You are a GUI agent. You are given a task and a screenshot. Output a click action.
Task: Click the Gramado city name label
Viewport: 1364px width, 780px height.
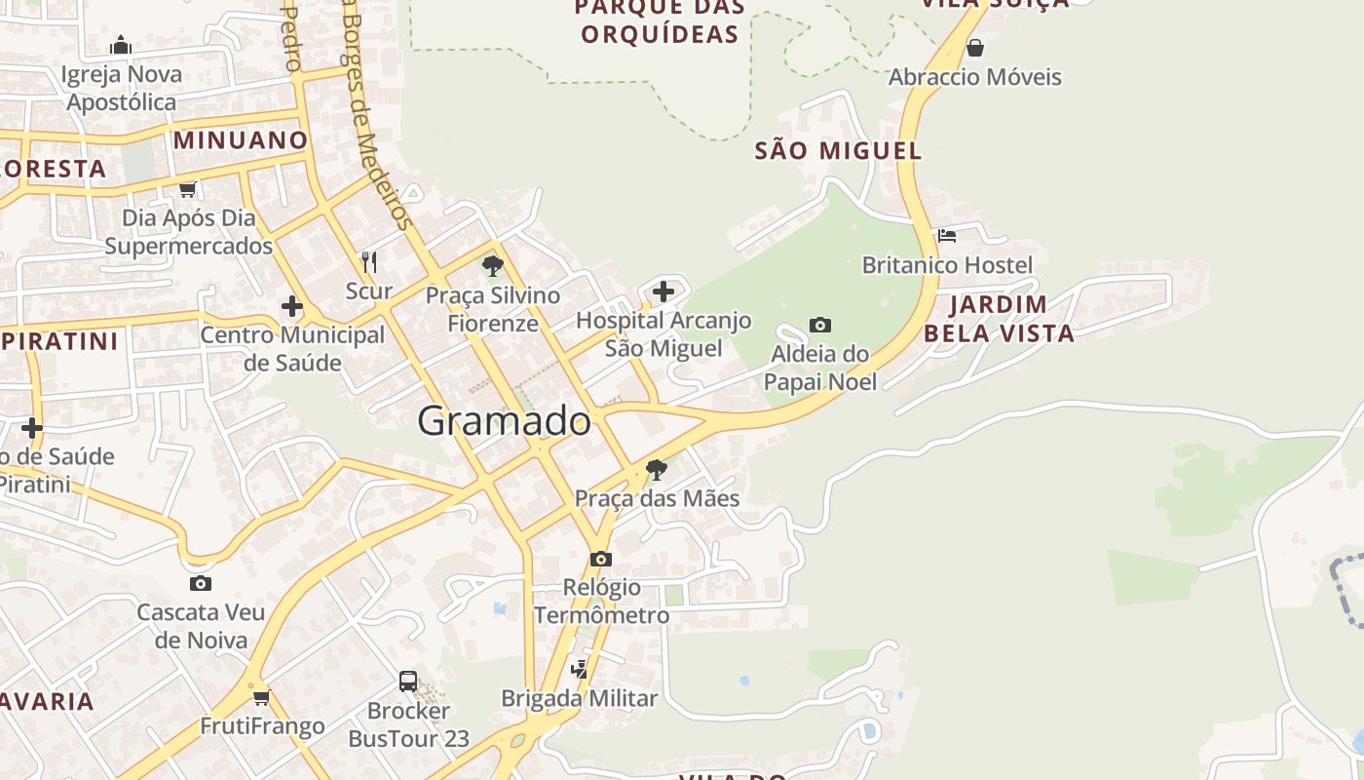504,421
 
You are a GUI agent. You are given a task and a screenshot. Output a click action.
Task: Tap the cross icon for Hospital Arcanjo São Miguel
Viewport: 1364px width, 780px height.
663,291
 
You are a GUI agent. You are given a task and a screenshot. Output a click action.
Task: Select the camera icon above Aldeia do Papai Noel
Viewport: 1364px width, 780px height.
820,325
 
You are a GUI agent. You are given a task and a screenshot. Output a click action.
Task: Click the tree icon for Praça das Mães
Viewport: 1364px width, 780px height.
657,470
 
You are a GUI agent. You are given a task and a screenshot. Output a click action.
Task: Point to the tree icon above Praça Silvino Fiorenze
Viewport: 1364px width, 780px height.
493,265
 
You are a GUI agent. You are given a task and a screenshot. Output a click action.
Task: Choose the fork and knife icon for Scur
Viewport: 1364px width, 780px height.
369,261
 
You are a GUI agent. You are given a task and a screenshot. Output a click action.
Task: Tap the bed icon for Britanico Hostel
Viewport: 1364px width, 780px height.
946,236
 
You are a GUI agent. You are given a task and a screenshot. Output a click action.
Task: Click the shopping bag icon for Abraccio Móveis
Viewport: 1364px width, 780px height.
975,48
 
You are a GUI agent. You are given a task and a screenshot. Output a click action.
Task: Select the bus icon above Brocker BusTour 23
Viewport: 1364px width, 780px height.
408,682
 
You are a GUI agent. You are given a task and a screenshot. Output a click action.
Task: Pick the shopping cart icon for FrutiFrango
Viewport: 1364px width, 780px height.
261,697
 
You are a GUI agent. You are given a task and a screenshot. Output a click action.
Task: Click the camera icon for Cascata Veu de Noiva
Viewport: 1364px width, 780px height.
201,583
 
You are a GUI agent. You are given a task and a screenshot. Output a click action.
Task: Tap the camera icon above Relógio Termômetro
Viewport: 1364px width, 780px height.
601,559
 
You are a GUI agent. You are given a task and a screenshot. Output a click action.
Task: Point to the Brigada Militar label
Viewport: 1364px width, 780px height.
580,698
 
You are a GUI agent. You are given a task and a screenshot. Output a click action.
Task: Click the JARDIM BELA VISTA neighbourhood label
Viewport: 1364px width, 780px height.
999,319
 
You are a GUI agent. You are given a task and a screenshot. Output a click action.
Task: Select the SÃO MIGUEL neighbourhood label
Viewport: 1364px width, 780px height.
838,150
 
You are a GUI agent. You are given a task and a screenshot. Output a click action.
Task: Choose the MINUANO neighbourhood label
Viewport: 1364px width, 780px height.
241,139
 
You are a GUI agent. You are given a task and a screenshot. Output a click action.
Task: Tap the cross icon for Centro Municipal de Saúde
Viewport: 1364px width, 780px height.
292,306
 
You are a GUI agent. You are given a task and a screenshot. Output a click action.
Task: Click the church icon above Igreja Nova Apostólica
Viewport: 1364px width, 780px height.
121,45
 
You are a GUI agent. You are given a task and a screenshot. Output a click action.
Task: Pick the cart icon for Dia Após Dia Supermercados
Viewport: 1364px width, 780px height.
188,189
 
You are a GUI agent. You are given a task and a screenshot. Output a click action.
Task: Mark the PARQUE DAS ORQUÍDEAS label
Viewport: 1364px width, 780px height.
660,21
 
